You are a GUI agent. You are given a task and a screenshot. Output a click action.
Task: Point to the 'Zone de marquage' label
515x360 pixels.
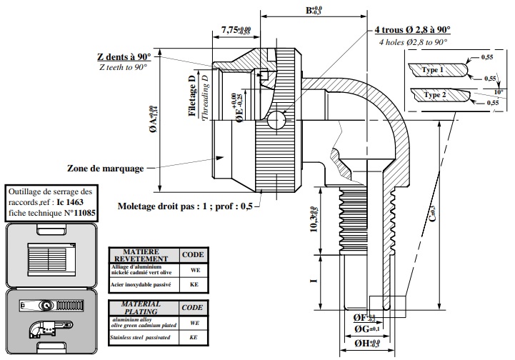(x=104, y=169)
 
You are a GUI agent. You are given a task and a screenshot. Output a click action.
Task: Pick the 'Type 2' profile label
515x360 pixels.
(x=434, y=94)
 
